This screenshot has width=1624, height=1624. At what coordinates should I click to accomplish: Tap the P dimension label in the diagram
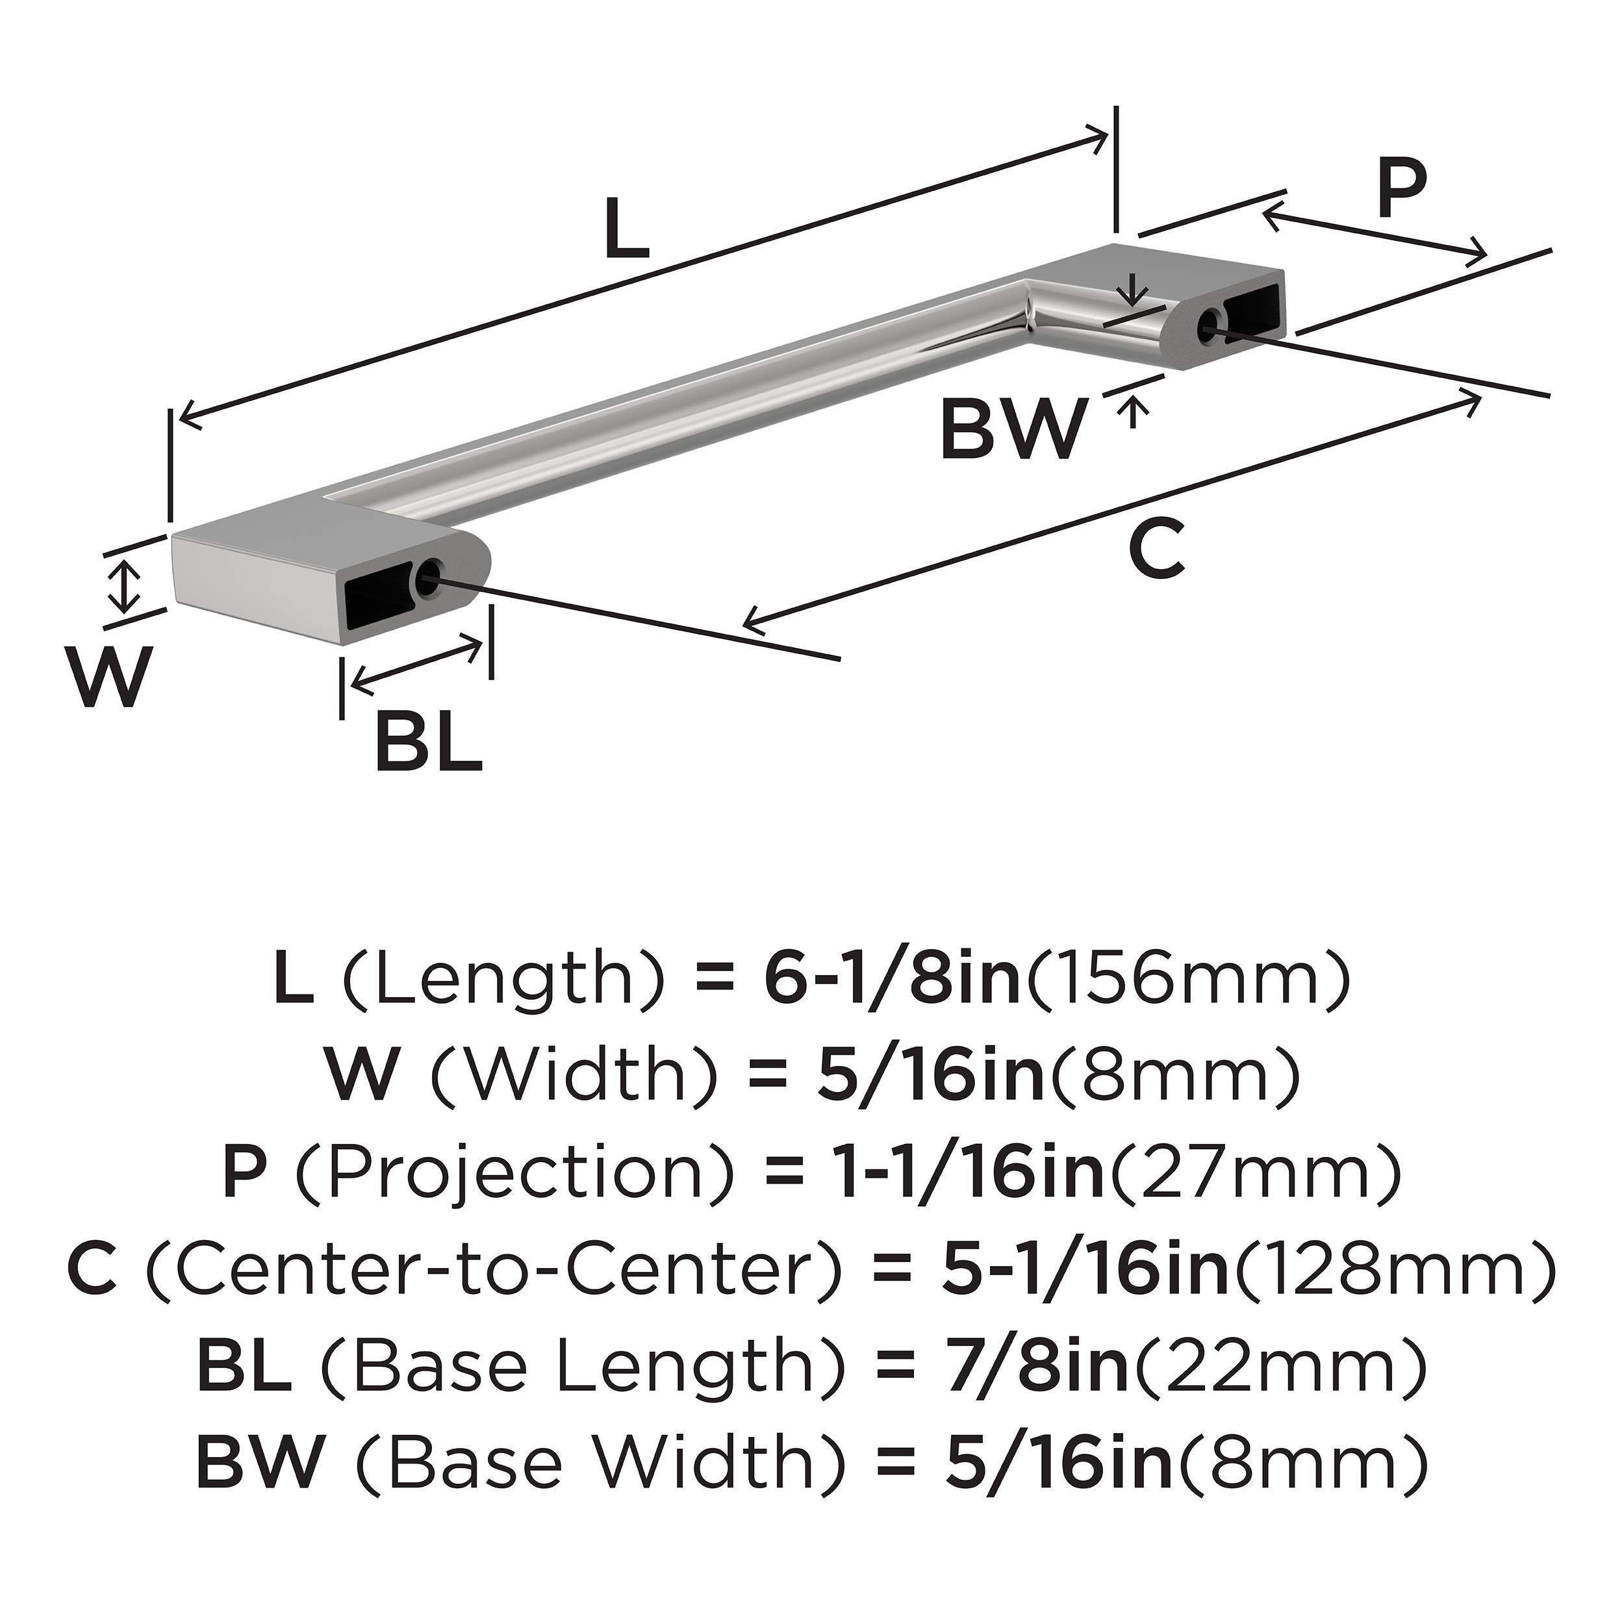1401,191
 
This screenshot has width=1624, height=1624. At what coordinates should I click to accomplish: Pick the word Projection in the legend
514,1174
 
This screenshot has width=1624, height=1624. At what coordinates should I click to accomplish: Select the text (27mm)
1256,1174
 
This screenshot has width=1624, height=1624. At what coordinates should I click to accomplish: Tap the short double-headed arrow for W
125,588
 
